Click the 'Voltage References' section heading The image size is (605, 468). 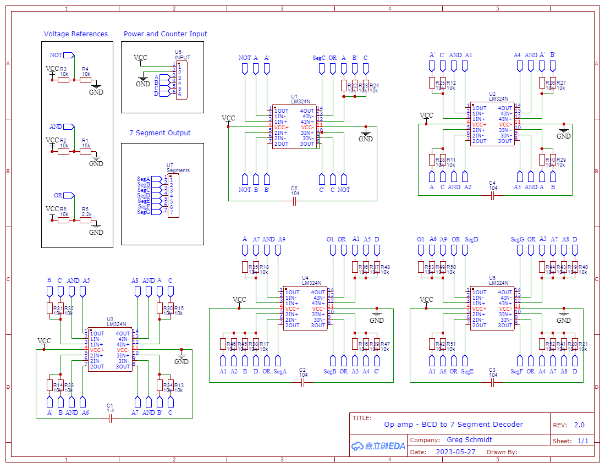point(76,34)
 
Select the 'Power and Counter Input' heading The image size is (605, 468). point(165,34)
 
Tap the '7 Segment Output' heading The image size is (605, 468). point(160,133)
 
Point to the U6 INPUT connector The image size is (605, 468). point(182,80)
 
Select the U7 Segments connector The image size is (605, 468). point(173,195)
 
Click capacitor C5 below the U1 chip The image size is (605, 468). point(295,201)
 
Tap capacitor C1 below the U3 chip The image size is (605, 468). point(110,419)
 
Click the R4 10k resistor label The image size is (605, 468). point(86,71)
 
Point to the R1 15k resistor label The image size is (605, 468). point(86,143)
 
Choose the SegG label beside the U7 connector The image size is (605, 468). point(144,212)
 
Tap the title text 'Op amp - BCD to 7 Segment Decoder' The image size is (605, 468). point(453,425)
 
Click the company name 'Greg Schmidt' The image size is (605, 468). point(469,440)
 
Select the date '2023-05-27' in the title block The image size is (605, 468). point(456,452)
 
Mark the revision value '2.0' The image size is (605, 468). point(579,425)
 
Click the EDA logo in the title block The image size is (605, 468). point(378,446)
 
